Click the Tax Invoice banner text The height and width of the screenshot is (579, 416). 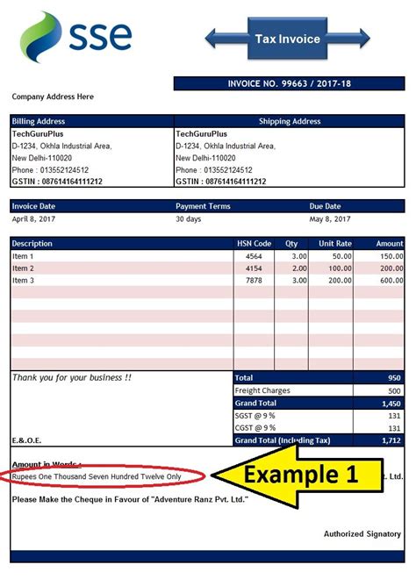pos(287,39)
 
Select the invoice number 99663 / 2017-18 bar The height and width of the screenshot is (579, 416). pos(289,83)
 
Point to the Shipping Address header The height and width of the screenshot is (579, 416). pos(289,121)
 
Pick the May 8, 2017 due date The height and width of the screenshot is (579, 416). pos(330,218)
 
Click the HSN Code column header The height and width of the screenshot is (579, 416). pos(255,243)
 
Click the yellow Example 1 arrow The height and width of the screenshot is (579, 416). pos(298,475)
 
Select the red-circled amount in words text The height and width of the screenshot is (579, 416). pos(97,476)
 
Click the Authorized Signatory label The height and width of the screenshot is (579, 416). pos(362,533)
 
